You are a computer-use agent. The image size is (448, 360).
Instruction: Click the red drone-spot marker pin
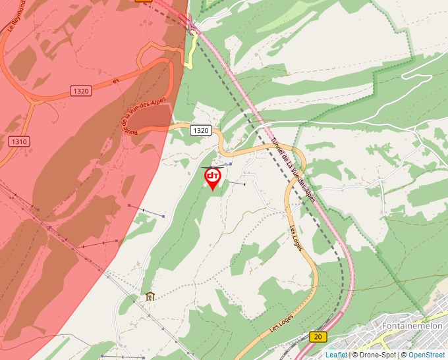tap(213, 178)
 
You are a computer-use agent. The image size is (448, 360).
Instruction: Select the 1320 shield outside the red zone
tap(201, 130)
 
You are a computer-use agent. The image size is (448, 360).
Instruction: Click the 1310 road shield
tap(19, 141)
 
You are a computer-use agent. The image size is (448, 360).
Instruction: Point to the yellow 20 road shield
tap(318, 337)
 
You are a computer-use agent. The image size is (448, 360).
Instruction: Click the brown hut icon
tap(150, 296)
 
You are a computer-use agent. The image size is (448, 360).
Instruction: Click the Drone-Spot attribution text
tap(374, 355)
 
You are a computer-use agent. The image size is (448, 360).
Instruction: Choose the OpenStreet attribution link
tap(427, 355)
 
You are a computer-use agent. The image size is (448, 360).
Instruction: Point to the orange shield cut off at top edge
tap(144, 1)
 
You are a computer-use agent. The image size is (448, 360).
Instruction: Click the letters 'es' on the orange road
tap(116, 81)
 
